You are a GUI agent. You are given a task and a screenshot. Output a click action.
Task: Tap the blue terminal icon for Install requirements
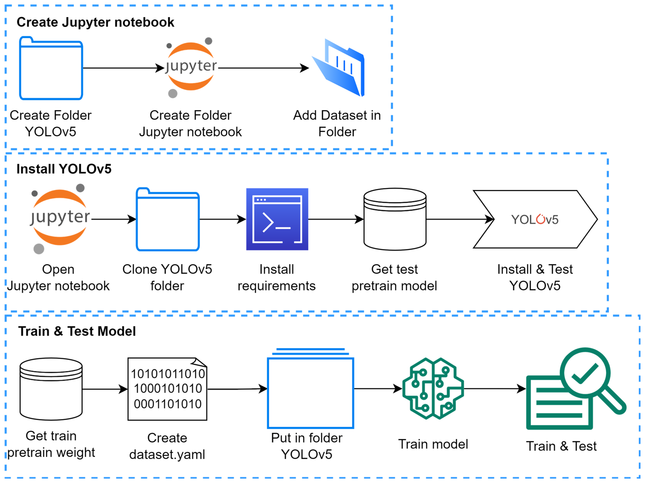(277, 219)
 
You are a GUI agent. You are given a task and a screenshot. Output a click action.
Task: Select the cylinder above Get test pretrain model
(395, 219)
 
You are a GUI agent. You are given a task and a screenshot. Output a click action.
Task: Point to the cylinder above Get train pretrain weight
(51, 389)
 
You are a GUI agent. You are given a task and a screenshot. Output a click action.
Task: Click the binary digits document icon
(167, 389)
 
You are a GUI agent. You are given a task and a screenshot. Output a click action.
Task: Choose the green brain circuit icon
(433, 389)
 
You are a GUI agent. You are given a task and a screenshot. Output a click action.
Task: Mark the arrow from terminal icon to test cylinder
(336, 219)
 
